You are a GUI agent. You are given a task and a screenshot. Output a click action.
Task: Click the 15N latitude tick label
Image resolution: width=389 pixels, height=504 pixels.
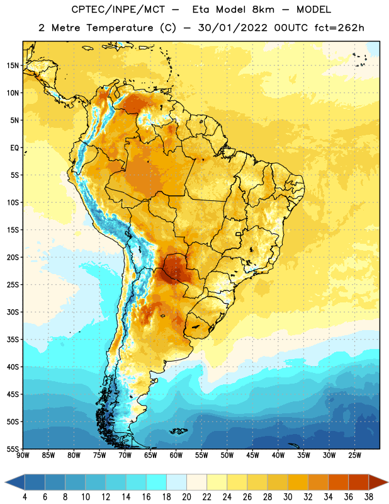tap(13, 66)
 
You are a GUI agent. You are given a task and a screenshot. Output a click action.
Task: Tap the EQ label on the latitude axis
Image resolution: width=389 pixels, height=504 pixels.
tap(14, 148)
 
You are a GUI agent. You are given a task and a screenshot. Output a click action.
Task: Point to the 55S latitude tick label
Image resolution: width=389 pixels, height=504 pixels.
tap(13, 449)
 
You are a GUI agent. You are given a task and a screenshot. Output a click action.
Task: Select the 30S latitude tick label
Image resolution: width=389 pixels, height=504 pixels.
tap(13, 312)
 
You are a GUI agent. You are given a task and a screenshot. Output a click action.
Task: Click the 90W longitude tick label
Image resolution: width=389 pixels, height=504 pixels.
tap(23, 455)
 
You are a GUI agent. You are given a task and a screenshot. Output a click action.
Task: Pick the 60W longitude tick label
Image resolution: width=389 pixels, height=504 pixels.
tap(176, 455)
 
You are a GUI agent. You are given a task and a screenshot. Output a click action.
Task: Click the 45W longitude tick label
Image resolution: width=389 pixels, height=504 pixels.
tap(252, 455)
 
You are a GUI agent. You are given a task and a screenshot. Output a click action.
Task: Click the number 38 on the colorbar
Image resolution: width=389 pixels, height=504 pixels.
tap(369, 497)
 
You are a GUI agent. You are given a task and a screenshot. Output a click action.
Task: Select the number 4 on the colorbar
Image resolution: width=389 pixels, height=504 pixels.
tap(25, 497)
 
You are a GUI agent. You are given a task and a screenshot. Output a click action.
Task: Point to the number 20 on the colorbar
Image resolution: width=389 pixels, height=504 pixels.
tap(186, 497)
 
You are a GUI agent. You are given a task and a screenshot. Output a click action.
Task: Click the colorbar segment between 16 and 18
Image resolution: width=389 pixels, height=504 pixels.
tap(157, 483)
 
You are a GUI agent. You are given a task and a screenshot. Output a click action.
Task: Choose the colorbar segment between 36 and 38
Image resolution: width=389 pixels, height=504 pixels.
tap(359, 483)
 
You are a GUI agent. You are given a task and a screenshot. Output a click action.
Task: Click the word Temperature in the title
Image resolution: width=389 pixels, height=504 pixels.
tap(120, 28)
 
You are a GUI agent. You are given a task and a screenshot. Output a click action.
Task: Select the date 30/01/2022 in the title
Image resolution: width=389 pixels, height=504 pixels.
tap(232, 28)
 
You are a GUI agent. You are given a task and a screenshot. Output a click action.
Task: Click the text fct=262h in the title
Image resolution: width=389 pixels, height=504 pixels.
tap(339, 28)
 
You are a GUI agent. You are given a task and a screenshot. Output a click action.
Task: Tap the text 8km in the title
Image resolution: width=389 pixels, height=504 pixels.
tap(263, 9)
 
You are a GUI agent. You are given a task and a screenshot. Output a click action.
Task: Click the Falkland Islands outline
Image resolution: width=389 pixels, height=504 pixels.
tap(179, 431)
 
